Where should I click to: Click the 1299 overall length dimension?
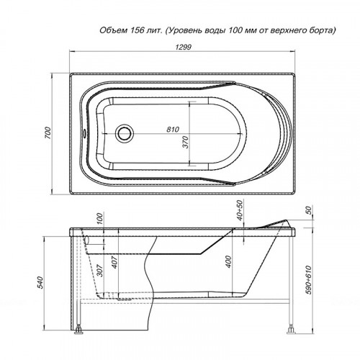pos(183,47)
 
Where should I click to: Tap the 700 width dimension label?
pos(48,132)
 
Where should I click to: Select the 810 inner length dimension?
pos(173,130)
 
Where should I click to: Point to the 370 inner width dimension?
pos(186,142)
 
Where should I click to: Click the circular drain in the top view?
pos(125,132)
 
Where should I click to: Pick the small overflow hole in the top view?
pos(84,133)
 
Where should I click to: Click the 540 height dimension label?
pos(40,282)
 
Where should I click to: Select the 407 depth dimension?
pos(114,262)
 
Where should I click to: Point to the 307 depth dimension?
pos(100,270)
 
